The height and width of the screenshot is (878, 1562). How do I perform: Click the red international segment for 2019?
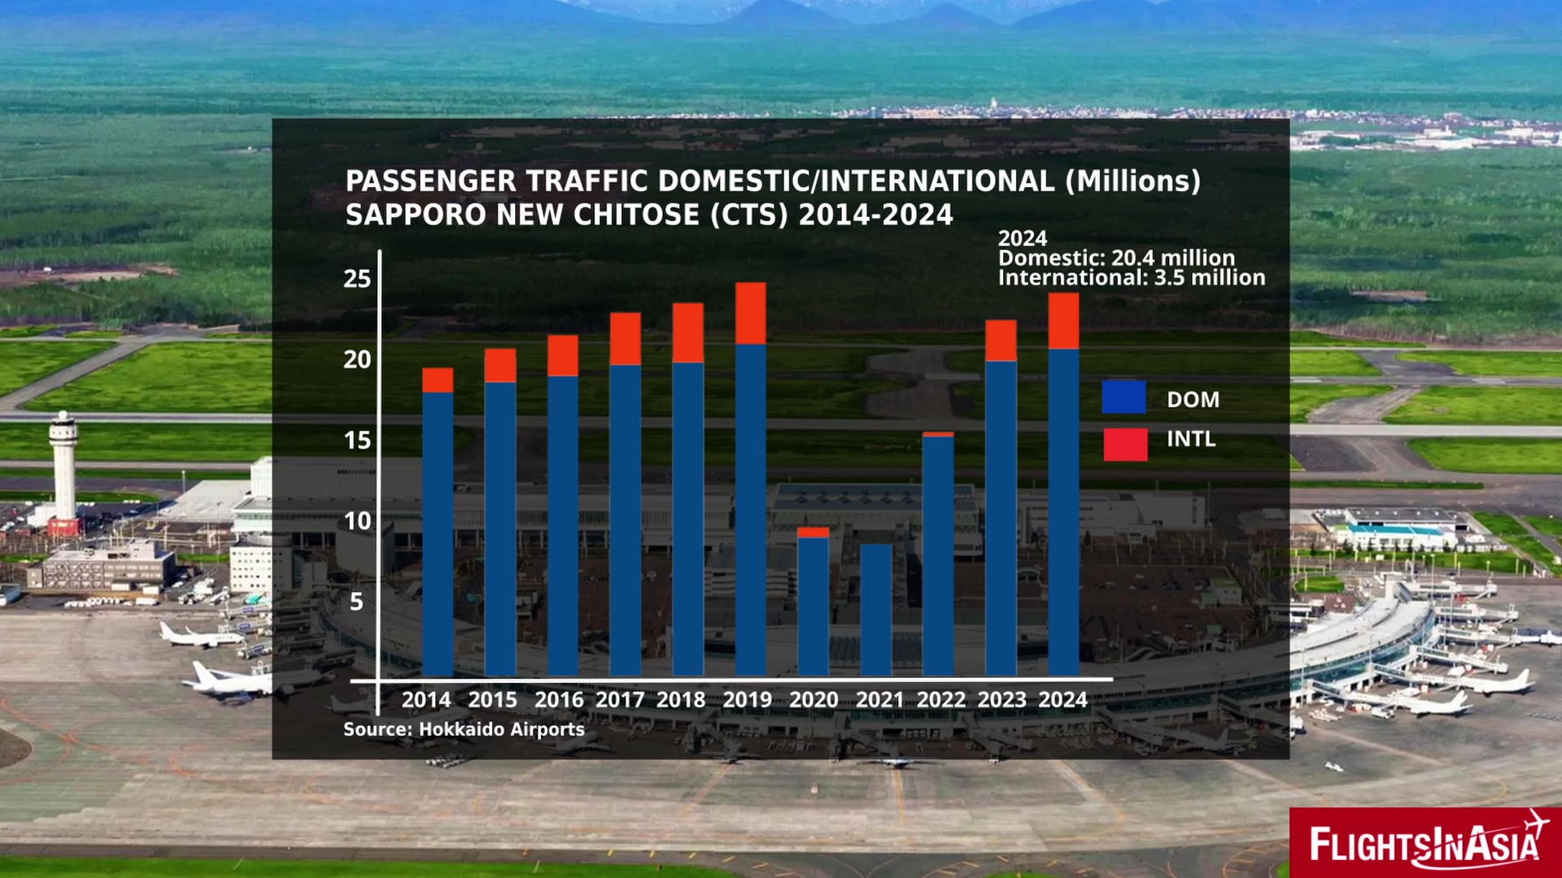(x=750, y=314)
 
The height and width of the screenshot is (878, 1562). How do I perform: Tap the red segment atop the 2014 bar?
(x=438, y=380)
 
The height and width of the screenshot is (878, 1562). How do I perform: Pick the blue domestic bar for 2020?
(x=813, y=606)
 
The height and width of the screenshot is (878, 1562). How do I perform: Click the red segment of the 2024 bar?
(x=1063, y=321)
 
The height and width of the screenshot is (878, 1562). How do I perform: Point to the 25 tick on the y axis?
(x=357, y=279)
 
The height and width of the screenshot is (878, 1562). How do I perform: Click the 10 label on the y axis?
(x=357, y=521)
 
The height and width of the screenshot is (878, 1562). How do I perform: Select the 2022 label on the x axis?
(x=940, y=700)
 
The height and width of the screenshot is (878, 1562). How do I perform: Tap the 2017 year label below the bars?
(x=620, y=700)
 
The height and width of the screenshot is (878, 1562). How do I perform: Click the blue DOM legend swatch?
(x=1124, y=398)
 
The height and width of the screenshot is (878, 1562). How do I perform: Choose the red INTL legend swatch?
(x=1125, y=444)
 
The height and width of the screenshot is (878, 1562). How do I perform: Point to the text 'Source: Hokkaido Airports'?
(x=464, y=729)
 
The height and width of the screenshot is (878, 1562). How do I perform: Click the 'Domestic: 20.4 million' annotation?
(x=1116, y=258)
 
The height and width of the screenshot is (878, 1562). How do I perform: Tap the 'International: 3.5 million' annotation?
(x=1132, y=278)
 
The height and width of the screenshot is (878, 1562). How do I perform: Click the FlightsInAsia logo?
(x=1425, y=843)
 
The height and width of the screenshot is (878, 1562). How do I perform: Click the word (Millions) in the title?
(x=1133, y=180)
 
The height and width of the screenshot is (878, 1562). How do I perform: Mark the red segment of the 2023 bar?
(x=1001, y=341)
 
